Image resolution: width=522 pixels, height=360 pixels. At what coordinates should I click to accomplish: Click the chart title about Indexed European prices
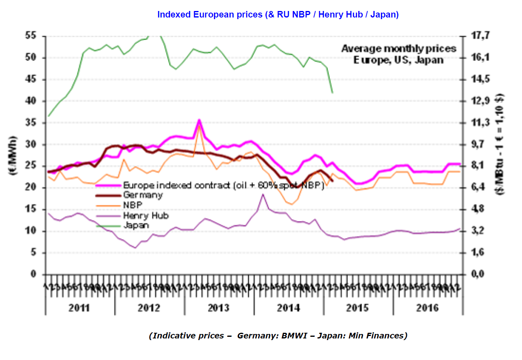click(278, 15)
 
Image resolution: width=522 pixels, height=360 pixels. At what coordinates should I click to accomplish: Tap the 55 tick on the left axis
click(30, 36)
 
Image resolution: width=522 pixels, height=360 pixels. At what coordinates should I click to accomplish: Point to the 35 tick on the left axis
click(30, 123)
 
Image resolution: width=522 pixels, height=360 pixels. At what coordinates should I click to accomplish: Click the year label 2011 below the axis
click(80, 308)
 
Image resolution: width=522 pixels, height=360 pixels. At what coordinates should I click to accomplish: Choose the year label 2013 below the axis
click(219, 308)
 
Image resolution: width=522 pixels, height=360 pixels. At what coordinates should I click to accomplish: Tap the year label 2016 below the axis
click(427, 308)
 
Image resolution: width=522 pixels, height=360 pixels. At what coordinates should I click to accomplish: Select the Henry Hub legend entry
click(145, 216)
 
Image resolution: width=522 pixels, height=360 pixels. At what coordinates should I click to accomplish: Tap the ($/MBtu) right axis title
click(500, 144)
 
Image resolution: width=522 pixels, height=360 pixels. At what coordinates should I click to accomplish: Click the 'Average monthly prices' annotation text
click(398, 49)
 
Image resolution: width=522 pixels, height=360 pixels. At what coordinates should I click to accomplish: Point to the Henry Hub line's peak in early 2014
click(263, 194)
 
